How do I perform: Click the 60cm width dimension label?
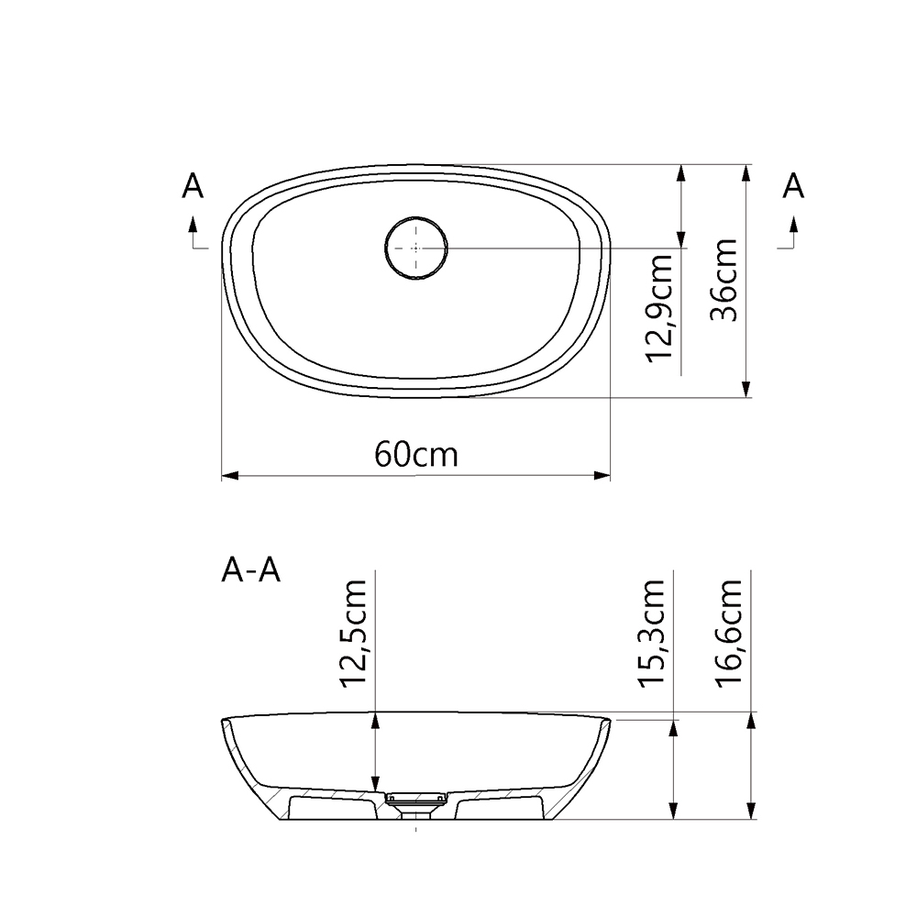click(x=415, y=453)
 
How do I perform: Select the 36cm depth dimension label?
click(x=725, y=280)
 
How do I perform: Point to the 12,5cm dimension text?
click(x=353, y=634)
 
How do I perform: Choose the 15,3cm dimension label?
click(x=653, y=634)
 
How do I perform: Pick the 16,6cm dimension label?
click(x=729, y=634)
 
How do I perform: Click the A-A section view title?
click(x=250, y=571)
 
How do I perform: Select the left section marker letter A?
click(x=193, y=187)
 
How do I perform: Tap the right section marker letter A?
click(x=793, y=187)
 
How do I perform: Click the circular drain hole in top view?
click(x=415, y=248)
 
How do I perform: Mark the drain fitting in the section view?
click(x=415, y=802)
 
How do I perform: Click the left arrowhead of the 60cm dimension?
click(x=229, y=476)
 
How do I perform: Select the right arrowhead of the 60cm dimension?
click(x=602, y=476)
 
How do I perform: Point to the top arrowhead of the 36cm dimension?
click(x=747, y=173)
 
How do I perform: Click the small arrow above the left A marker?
click(x=193, y=223)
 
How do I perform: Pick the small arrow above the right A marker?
click(x=793, y=223)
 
